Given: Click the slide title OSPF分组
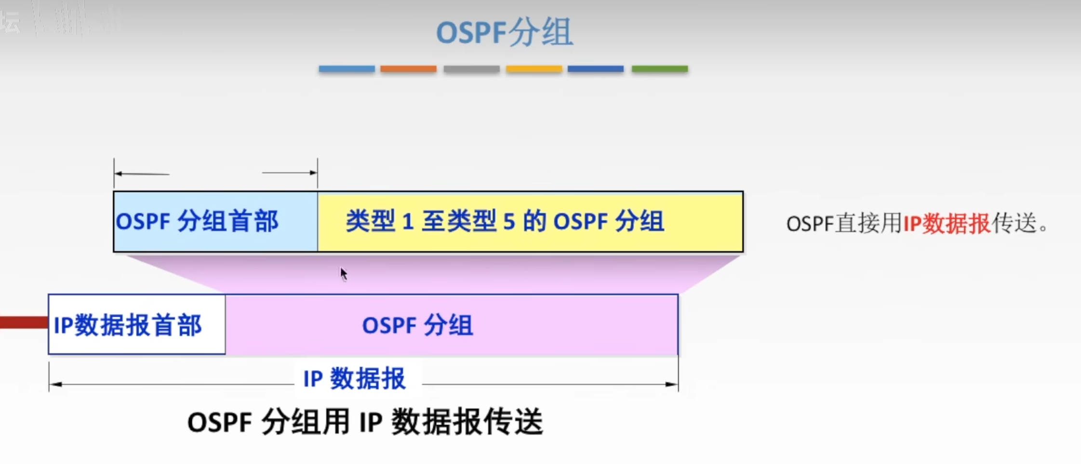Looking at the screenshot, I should tap(504, 32).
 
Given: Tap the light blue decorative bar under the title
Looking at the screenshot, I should tap(347, 69).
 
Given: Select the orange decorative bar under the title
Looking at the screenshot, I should tap(408, 69).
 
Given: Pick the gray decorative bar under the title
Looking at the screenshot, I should tap(471, 69).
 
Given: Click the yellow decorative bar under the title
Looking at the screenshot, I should tap(534, 69).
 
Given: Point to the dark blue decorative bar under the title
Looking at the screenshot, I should tap(596, 69).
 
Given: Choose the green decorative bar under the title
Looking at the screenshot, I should tap(659, 69).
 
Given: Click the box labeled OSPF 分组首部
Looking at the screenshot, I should tap(215, 222).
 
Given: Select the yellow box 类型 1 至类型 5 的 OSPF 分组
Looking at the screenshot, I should tap(530, 222).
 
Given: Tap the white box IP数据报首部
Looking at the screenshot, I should tap(137, 325).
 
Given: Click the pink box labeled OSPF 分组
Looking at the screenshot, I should tap(452, 325).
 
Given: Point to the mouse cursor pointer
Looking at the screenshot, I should tap(343, 274).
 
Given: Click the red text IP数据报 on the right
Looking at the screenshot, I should tap(946, 224).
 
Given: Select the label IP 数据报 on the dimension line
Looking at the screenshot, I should tap(355, 379).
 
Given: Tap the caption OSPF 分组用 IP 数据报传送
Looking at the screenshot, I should tap(365, 422).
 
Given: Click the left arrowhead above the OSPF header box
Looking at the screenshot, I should tap(118, 173).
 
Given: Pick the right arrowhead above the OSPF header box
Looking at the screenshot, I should tap(314, 172).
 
